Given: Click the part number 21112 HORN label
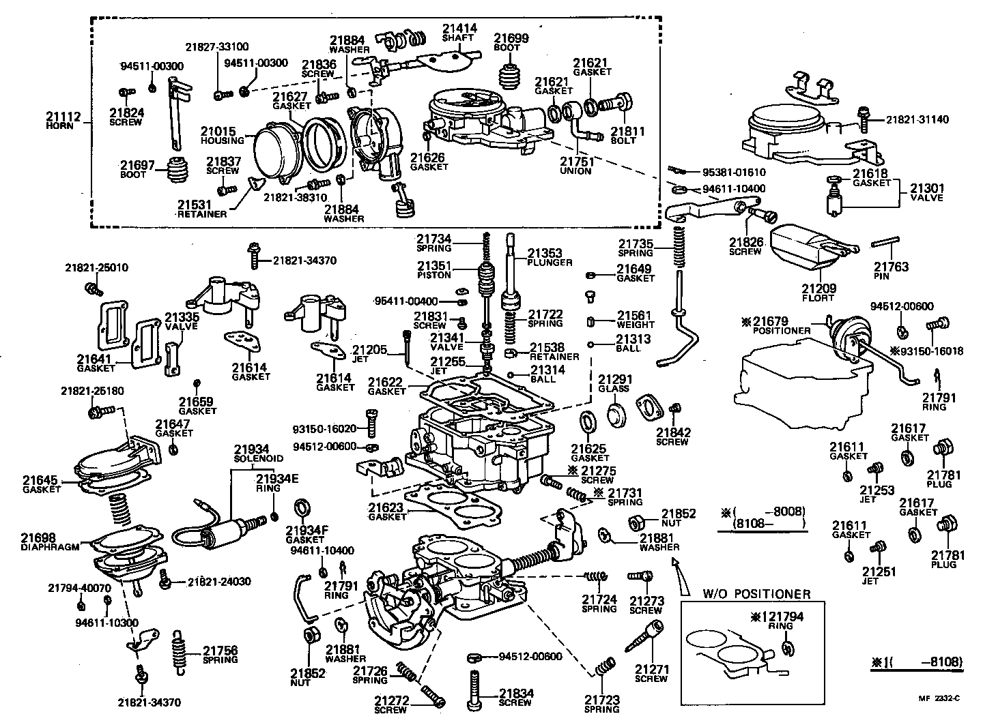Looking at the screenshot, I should point(65,120).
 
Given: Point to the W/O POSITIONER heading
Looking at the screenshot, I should point(756,594).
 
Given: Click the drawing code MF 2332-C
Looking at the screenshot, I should point(940,698).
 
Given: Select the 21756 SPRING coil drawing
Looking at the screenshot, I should point(179,651).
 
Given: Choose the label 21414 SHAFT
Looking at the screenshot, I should point(459,33).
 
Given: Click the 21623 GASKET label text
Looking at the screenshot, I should point(387,511).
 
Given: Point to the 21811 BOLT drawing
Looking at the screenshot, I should point(619,102).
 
